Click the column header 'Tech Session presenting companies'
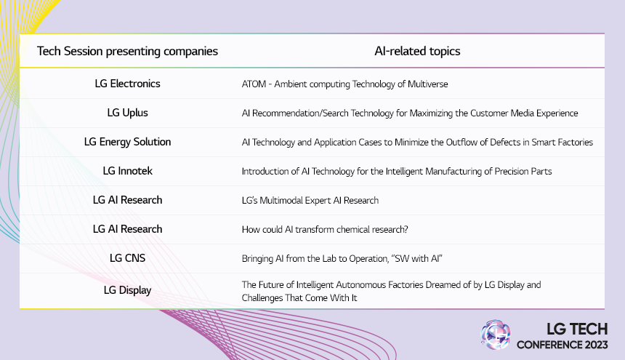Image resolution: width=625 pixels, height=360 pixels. pyautogui.click(x=127, y=52)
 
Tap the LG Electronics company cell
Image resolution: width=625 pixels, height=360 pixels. pyautogui.click(x=127, y=84)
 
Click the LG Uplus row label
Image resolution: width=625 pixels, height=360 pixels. pyautogui.click(x=127, y=113)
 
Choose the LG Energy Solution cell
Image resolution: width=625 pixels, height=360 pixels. pyautogui.click(x=127, y=142)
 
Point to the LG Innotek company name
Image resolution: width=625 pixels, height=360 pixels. pyautogui.click(x=127, y=171)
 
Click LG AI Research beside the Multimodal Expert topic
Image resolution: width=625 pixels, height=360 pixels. pyautogui.click(x=127, y=200)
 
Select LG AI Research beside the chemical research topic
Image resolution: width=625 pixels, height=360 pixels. pyautogui.click(x=127, y=229)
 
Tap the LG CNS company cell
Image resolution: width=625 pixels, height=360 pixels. pyautogui.click(x=127, y=258)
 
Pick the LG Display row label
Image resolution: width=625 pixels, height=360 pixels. pyautogui.click(x=127, y=290)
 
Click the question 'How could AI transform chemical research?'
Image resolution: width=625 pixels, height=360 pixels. pyautogui.click(x=324, y=230)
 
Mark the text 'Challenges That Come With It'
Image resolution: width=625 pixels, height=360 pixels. pyautogui.click(x=299, y=297)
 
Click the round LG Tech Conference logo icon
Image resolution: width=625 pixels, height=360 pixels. pyautogui.click(x=496, y=335)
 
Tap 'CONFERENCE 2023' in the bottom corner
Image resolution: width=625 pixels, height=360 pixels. pyautogui.click(x=562, y=344)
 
